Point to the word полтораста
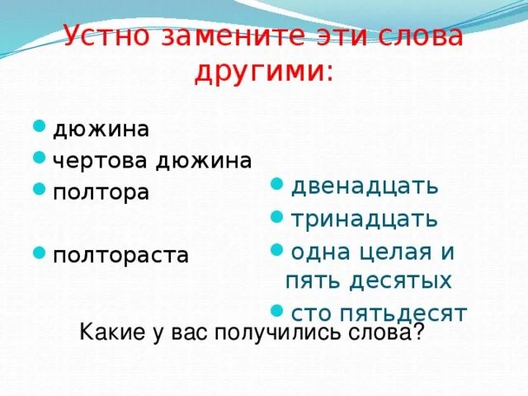[120, 256]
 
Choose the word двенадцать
[364, 186]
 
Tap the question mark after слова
[419, 332]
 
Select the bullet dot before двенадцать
[276, 183]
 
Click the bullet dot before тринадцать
[276, 216]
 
